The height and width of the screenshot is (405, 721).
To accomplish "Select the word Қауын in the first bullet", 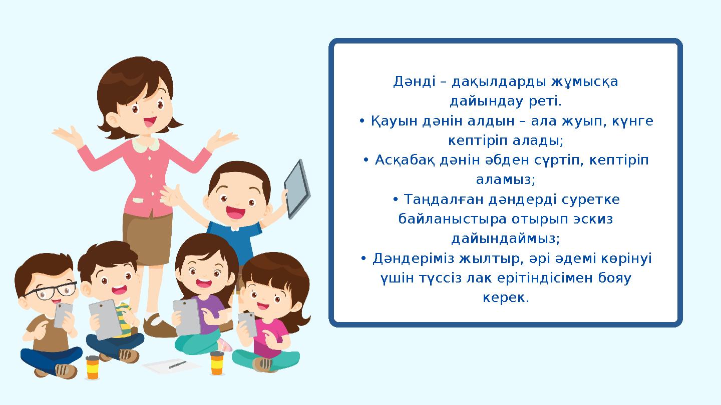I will tap(392, 121).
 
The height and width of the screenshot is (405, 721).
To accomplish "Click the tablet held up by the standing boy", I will tap(297, 188).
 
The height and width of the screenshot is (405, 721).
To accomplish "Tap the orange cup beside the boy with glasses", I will tap(93, 367).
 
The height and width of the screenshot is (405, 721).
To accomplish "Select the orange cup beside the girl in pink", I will tap(217, 362).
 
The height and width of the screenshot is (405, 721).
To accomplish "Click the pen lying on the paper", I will tap(177, 364).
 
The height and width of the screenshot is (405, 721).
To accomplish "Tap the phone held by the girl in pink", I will tap(247, 323).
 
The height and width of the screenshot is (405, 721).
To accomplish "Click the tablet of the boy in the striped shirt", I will tap(106, 318).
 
